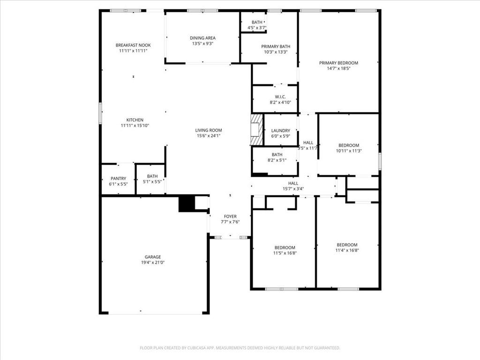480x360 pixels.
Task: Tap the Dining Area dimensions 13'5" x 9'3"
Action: coord(202,44)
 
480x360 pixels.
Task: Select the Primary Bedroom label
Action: coord(338,63)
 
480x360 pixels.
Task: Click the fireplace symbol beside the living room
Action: coord(256,129)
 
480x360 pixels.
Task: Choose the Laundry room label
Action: coord(280,131)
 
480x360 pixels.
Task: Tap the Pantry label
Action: coord(118,179)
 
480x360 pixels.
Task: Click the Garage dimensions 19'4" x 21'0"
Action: coord(153,262)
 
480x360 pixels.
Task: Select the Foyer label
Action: coord(230,217)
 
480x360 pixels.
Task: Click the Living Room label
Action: coord(209,130)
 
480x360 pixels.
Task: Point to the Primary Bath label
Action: coord(276,46)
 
